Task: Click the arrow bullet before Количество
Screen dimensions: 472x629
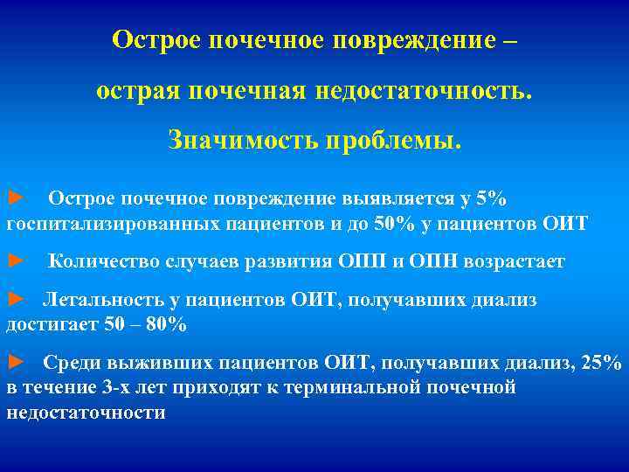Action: click(16, 260)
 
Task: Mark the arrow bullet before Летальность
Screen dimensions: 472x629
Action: click(16, 299)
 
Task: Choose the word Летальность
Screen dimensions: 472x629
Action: click(104, 300)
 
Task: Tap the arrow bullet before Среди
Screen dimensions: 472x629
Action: click(16, 362)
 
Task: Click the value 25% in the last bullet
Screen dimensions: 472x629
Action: click(603, 363)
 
